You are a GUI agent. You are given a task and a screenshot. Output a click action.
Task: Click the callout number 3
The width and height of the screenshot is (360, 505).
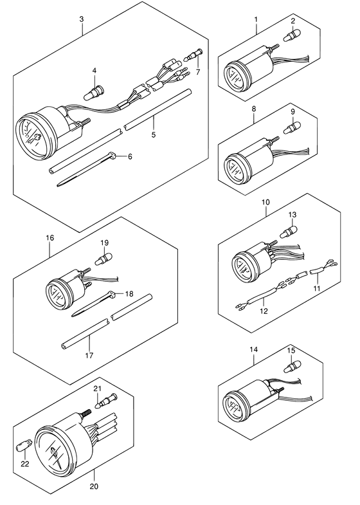click(x=82, y=19)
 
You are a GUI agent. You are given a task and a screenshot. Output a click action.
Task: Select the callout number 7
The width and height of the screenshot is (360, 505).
click(x=197, y=72)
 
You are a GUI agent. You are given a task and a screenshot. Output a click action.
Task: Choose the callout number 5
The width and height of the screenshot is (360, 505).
click(x=154, y=134)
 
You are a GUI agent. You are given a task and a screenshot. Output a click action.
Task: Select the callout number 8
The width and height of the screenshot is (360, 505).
click(x=254, y=109)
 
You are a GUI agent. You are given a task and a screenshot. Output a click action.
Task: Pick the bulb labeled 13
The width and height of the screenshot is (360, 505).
click(x=288, y=232)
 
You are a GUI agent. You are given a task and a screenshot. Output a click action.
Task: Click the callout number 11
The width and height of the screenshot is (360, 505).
click(x=317, y=288)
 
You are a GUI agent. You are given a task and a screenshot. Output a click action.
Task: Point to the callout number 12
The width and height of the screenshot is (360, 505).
click(x=264, y=311)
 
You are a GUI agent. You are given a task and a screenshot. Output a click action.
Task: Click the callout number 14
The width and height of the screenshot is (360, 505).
click(x=253, y=349)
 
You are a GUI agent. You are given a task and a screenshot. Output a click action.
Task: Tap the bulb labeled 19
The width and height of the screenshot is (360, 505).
click(x=104, y=259)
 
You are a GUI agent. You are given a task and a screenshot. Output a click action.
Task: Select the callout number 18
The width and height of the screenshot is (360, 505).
click(x=129, y=294)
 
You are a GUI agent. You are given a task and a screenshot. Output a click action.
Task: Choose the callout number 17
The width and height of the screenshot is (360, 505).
click(x=89, y=356)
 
